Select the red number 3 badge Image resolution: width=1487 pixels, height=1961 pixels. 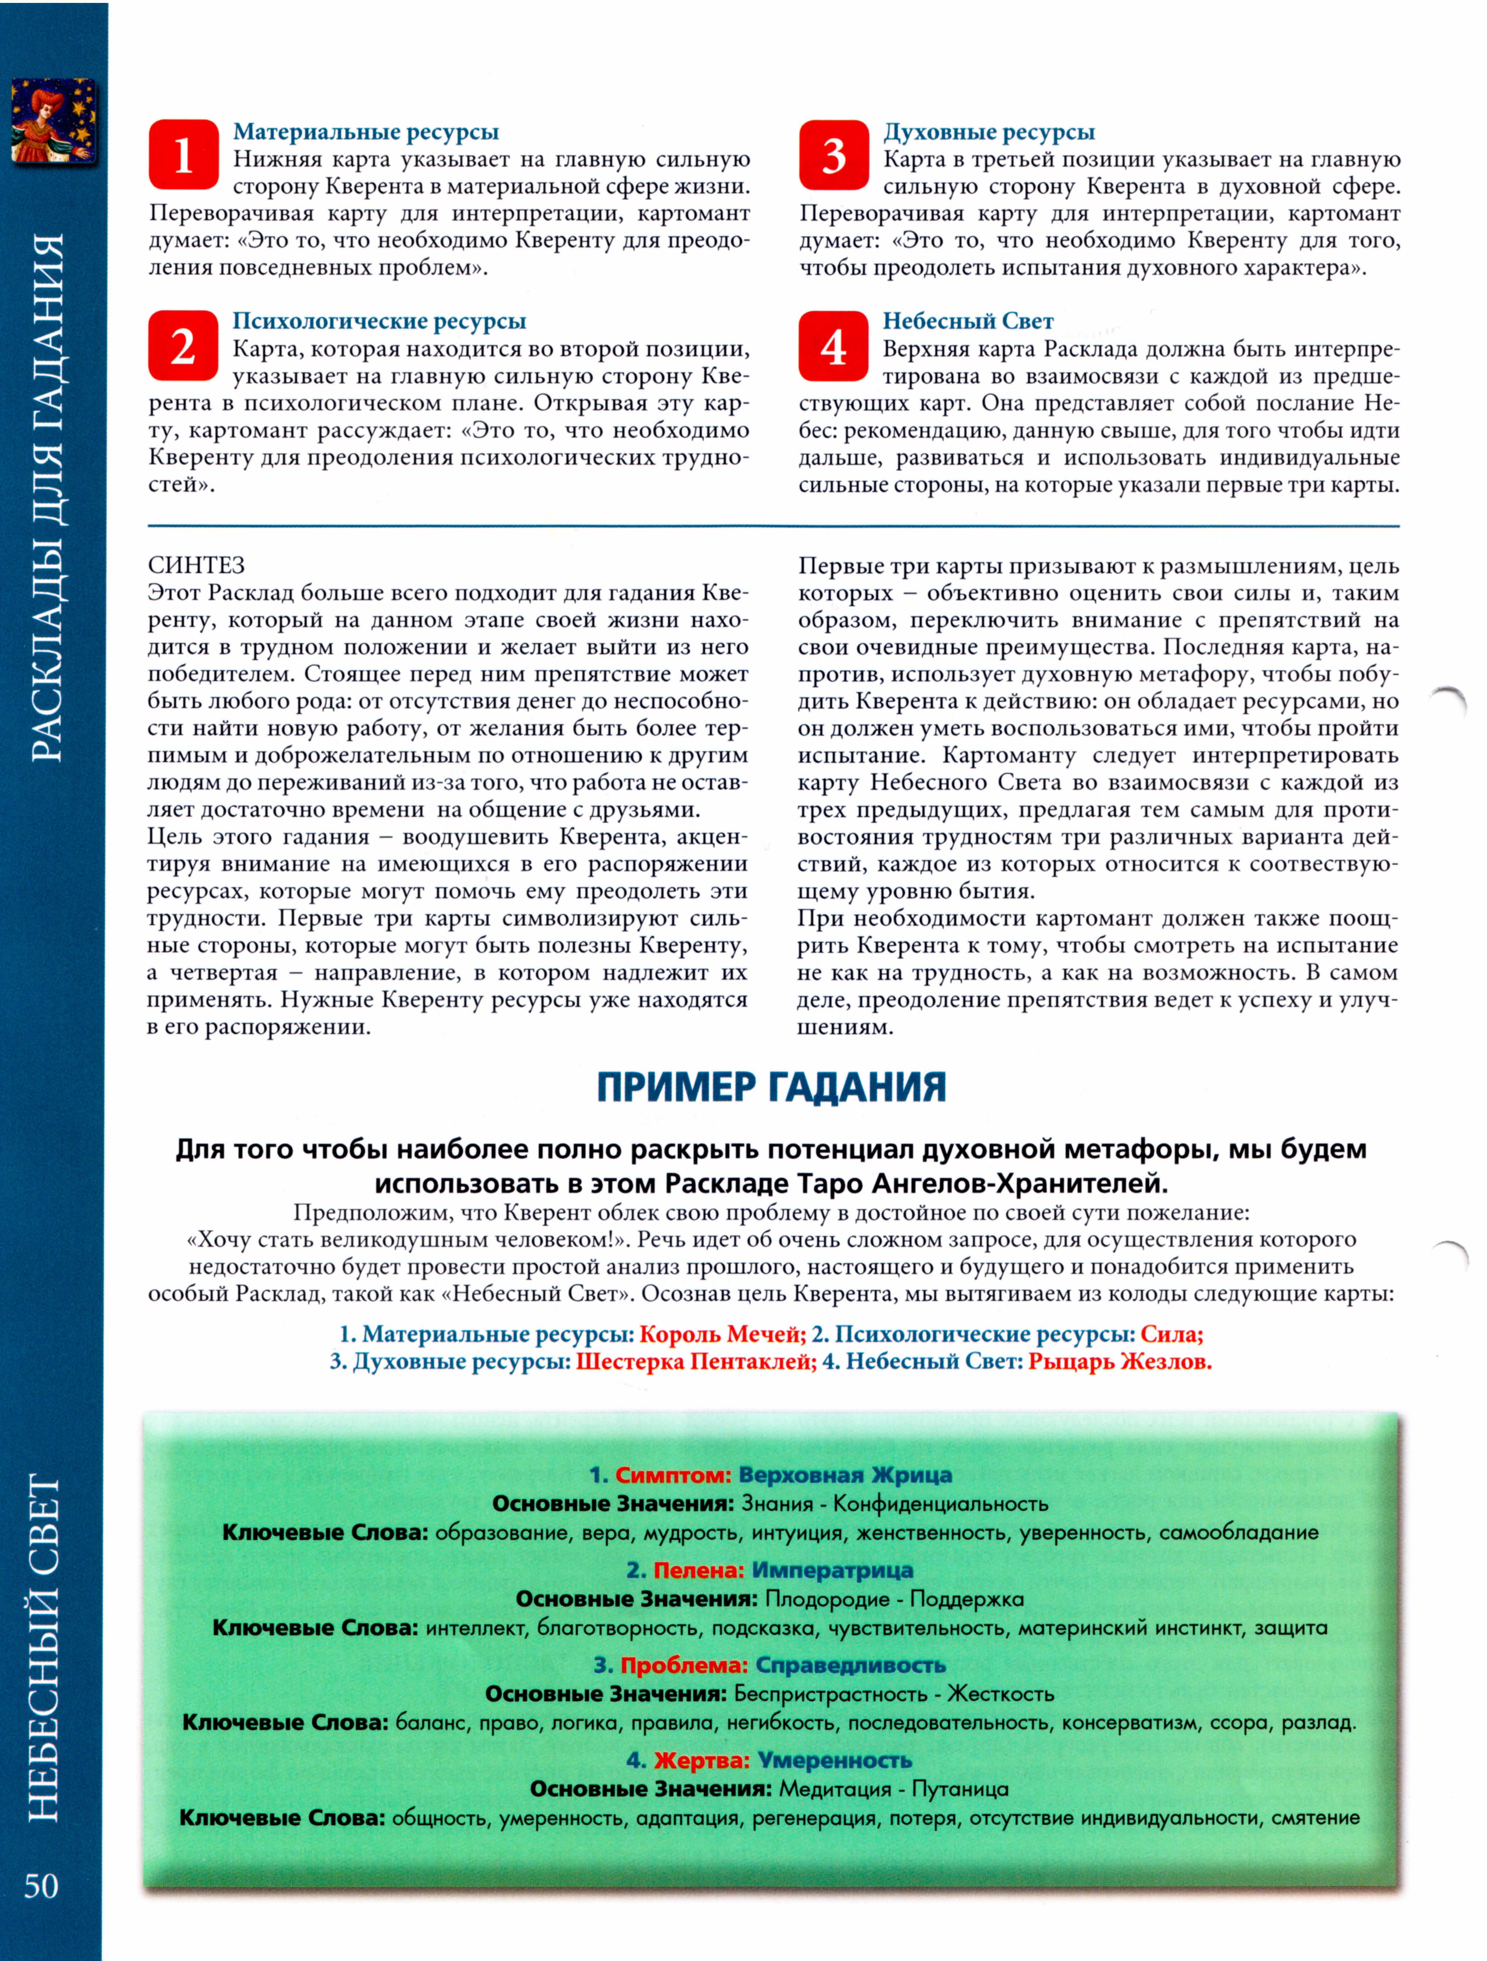coord(833,155)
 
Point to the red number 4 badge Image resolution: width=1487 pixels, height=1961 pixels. coord(833,346)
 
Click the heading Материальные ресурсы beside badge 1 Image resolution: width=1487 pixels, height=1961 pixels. coord(366,132)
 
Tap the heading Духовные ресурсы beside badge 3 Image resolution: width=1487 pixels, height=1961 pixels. coord(989,132)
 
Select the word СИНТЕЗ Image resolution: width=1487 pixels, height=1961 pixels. coord(197,566)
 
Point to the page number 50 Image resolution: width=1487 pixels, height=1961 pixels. coord(42,1886)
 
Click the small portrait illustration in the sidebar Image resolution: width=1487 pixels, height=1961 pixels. coord(53,122)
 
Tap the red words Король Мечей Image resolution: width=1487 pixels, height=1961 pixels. coord(722,1334)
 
